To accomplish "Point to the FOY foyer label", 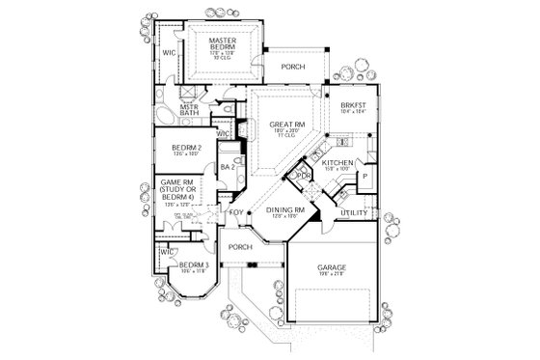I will point(235,211).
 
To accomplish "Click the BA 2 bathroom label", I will point(229,167).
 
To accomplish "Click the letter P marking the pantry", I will point(364,177).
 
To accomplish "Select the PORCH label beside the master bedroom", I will point(293,68).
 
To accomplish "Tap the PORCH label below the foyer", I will point(240,247).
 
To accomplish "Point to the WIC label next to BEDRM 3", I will point(167,251).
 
